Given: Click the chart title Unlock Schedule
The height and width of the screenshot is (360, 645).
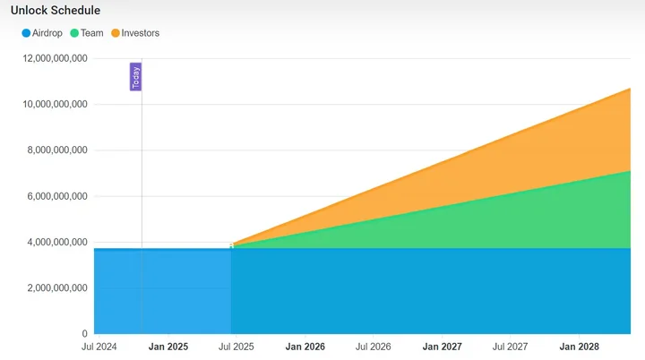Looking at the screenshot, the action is pyautogui.click(x=56, y=10).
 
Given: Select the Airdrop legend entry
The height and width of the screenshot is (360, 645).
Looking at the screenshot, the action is pyautogui.click(x=42, y=33).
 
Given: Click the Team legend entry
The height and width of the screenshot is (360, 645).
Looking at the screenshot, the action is pyautogui.click(x=87, y=33).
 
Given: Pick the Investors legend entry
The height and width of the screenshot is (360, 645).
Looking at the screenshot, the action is pyautogui.click(x=135, y=33).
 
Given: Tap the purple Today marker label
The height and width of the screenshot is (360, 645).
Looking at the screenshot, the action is pyautogui.click(x=135, y=77).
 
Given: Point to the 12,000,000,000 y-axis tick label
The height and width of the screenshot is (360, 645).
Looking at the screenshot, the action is pyautogui.click(x=56, y=58).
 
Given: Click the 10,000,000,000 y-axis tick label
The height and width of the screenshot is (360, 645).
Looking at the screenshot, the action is pyautogui.click(x=56, y=104).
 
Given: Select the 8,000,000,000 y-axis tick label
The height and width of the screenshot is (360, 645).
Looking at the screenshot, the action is pyautogui.click(x=57, y=150).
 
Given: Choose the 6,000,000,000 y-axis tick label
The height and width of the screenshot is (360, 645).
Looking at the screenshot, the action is pyautogui.click(x=57, y=196).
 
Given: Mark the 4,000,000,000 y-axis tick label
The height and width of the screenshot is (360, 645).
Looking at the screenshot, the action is pyautogui.click(x=57, y=242).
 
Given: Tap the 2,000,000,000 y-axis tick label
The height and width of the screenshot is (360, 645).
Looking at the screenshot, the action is pyautogui.click(x=57, y=288).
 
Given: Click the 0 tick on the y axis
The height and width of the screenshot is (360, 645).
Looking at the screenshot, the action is pyautogui.click(x=85, y=334).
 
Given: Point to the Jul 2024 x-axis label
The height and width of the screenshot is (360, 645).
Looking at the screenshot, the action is pyautogui.click(x=99, y=347).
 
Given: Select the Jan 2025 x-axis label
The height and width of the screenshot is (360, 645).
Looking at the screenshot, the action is pyautogui.click(x=168, y=347).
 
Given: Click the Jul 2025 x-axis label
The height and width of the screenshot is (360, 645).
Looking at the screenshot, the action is pyautogui.click(x=236, y=347).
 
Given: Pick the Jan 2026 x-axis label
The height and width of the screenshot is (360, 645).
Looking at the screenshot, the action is pyautogui.click(x=305, y=347).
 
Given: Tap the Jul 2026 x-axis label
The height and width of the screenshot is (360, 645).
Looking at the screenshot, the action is pyautogui.click(x=373, y=347).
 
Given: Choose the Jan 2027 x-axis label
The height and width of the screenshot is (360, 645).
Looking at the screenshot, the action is pyautogui.click(x=443, y=347).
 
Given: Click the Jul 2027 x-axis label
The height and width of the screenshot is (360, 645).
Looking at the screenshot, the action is pyautogui.click(x=510, y=347).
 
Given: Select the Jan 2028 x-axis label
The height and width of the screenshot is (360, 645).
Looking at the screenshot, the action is pyautogui.click(x=580, y=347).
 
